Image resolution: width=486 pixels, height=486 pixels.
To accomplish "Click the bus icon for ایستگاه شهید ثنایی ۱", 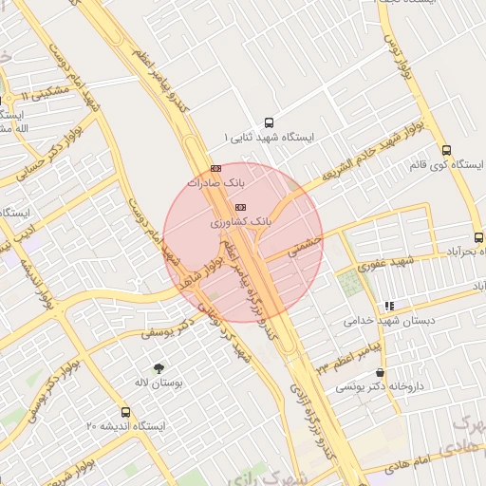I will tap(269, 122).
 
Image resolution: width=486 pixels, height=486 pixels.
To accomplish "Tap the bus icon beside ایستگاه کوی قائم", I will tap(446, 150).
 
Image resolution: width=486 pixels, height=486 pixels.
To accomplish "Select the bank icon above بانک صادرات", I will tap(215, 168).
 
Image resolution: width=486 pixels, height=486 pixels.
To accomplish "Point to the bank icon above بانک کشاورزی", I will tap(240, 207).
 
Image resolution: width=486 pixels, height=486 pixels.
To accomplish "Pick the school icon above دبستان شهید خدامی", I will tap(389, 307).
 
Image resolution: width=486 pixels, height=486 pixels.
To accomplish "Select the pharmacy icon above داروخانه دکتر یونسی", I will tap(381, 373).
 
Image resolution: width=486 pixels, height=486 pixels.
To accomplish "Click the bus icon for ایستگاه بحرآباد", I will tap(478, 238).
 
